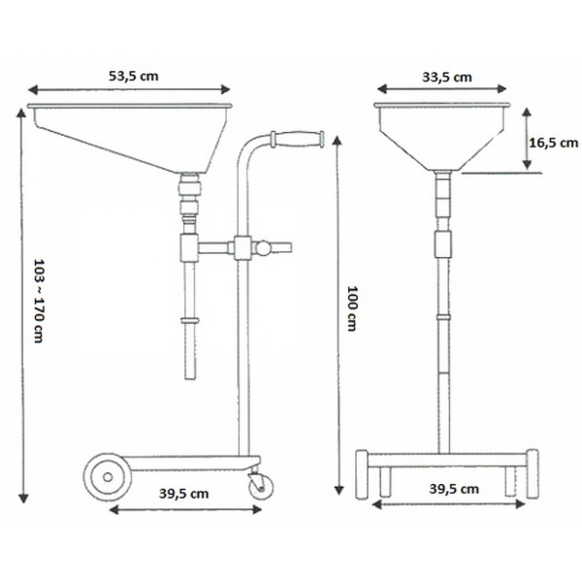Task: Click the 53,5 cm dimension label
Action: (134, 76)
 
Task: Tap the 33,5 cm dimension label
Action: (447, 78)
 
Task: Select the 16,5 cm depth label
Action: (554, 143)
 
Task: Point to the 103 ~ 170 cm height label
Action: (40, 301)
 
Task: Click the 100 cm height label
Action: (352, 308)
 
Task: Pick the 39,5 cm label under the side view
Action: (183, 494)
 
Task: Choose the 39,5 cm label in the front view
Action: (454, 489)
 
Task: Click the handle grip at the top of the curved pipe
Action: (298, 140)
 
